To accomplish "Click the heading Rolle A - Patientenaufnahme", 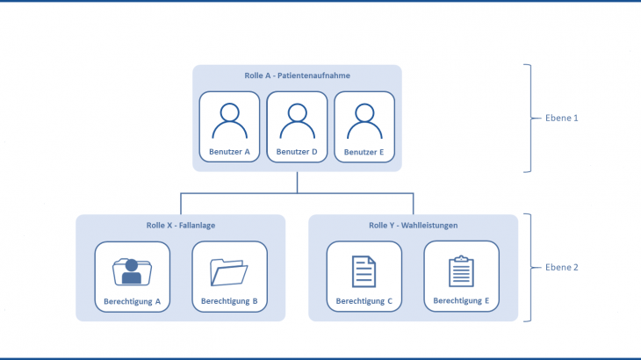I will [297, 76].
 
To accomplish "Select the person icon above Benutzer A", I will [229, 122].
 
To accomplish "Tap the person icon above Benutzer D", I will [297, 122].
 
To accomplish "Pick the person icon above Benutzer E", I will [364, 122].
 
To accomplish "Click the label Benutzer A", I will [229, 152].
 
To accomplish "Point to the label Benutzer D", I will [297, 152].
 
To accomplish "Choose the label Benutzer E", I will [364, 152].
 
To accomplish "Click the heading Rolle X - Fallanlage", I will [181, 226].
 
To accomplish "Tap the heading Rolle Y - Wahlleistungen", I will [414, 226].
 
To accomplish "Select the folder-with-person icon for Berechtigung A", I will [132, 271].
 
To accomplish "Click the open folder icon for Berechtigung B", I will [228, 271].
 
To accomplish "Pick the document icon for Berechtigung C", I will [364, 271].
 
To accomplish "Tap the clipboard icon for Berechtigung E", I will [461, 271].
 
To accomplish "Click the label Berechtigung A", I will [132, 301].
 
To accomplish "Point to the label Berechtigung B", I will [228, 301].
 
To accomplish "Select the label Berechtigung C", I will [364, 301].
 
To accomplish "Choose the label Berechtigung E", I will [461, 300].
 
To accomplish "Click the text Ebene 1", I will [561, 118].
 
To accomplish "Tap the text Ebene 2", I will [561, 268].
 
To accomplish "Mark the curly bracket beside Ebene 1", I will [529, 118].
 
